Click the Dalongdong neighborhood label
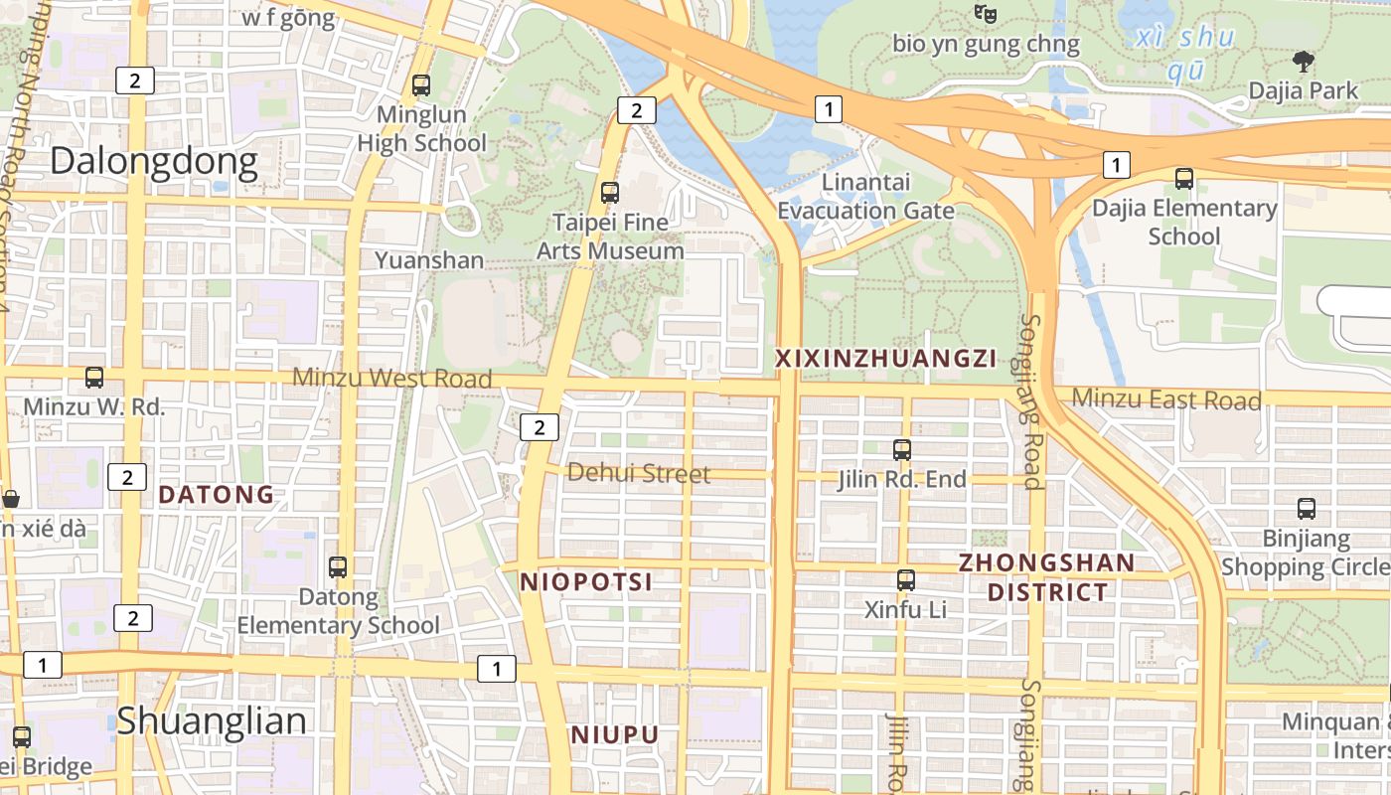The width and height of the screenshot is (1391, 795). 154,161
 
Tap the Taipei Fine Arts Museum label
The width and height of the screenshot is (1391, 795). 610,237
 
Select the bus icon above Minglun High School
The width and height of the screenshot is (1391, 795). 421,85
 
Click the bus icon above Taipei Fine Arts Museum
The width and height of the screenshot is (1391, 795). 610,193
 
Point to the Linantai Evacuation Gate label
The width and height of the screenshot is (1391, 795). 865,197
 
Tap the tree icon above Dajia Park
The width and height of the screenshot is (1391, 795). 1304,62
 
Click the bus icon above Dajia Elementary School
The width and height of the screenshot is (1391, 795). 1184,179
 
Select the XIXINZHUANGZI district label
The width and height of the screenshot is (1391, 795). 884,359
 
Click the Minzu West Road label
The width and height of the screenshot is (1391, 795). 392,379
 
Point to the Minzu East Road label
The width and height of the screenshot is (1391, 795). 1166,399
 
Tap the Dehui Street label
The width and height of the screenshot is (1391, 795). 639,474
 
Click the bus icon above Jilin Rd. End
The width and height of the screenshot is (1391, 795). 902,450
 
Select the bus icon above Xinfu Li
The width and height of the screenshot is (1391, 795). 906,580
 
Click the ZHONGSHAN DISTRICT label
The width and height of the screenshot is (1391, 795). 1046,577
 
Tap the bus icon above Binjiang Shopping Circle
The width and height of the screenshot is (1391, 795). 1307,509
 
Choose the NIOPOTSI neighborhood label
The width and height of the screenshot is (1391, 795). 586,582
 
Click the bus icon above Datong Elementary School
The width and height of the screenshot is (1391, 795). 338,567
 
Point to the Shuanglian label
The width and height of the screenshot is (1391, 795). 212,721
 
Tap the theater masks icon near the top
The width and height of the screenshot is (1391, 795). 985,13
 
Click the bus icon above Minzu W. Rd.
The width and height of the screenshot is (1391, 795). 94,378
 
